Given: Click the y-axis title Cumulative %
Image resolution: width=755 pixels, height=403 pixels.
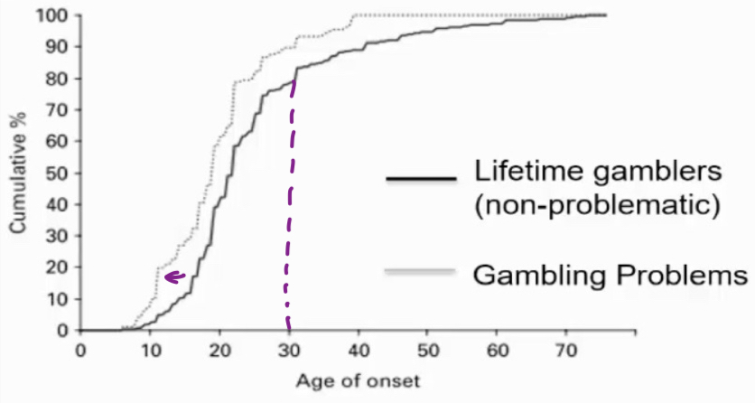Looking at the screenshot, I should [x=17, y=173].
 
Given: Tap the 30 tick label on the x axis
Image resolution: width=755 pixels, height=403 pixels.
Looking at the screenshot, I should [x=289, y=351].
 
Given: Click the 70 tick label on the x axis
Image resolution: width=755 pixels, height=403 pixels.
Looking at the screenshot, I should [x=567, y=351].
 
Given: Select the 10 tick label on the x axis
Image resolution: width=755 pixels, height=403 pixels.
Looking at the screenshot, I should [x=150, y=351].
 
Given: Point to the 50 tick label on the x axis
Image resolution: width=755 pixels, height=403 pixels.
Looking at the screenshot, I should [x=428, y=351].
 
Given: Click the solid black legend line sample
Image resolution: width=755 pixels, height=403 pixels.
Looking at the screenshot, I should [x=420, y=179].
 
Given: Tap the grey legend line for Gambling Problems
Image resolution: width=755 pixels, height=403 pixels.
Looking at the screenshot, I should [x=420, y=271].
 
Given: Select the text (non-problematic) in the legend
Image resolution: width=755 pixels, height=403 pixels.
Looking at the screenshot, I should [x=596, y=206].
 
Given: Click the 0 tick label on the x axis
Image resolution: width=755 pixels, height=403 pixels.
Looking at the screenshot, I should [x=80, y=351].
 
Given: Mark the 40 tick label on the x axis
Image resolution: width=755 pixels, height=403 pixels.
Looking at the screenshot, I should [x=359, y=351].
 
